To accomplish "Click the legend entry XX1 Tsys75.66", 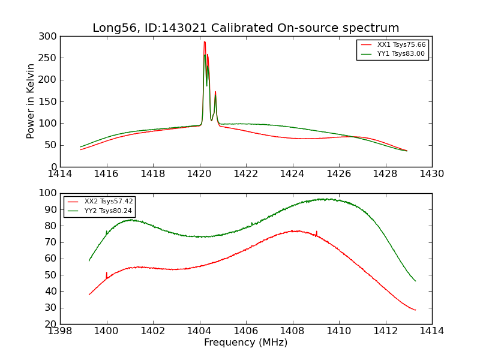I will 401,45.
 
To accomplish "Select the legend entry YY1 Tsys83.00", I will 401,54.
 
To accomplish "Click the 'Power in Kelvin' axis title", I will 31,101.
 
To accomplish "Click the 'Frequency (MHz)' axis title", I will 246,343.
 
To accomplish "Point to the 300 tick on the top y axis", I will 50,37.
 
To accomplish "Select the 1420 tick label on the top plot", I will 200,174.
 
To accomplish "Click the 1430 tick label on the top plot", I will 432,174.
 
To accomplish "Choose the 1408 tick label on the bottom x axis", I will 292,331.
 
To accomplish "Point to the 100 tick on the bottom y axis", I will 50,193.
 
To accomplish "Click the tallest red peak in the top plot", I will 205,42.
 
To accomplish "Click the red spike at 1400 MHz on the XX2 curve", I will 107,274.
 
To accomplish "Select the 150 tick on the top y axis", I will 50,101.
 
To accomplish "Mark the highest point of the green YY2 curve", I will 324,199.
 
